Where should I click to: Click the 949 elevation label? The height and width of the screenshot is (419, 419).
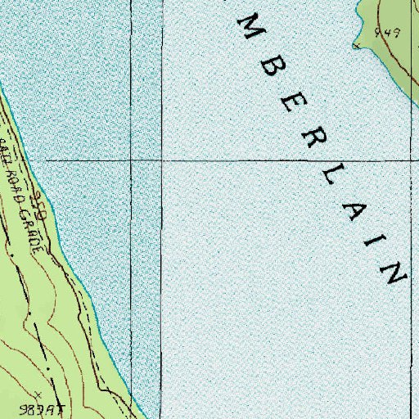387,34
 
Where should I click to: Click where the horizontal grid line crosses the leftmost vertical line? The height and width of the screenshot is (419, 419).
132,160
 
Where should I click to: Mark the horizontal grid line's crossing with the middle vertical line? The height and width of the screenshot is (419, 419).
162,160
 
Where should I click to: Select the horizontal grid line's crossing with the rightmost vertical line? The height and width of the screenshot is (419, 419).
411,160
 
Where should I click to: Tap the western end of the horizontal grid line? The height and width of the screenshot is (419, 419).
46,160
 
